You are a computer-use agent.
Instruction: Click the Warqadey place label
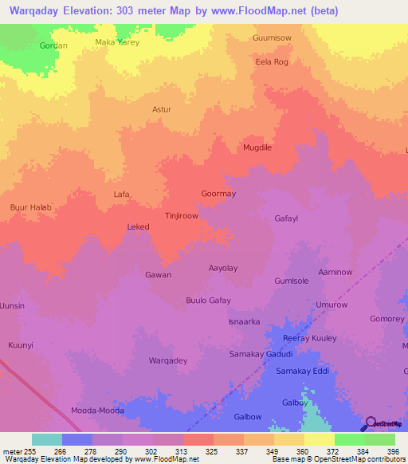tap(168, 360)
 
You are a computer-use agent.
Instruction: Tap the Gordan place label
tap(53, 45)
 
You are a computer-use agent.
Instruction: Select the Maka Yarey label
tap(116, 42)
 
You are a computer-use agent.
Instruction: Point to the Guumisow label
tap(272, 37)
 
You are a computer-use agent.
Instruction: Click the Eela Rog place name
tap(271, 61)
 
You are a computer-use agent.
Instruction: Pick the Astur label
tap(162, 110)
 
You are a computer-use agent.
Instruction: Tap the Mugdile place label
tap(257, 148)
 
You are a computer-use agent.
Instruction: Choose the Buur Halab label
tap(30, 207)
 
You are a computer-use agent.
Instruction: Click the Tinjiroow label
tap(181, 215)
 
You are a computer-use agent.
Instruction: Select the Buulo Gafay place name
tap(208, 300)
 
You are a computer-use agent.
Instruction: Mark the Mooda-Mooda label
tap(96, 410)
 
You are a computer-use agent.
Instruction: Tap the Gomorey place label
tap(387, 318)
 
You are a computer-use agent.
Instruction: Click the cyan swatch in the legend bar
tap(47, 439)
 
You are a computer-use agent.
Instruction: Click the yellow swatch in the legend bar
tap(320, 439)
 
